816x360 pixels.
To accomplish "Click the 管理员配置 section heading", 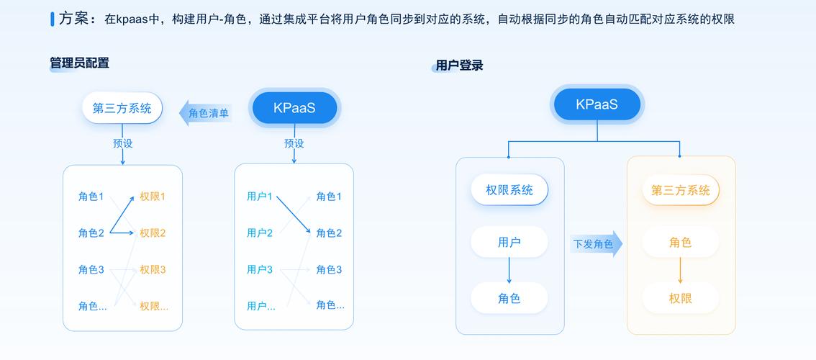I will pos(80,63).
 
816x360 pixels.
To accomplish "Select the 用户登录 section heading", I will pos(459,66).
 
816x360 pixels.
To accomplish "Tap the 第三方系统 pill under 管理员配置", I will pos(122,109).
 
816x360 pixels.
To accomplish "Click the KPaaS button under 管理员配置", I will pos(294,109).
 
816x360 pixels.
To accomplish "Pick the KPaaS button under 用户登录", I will pos(597,104).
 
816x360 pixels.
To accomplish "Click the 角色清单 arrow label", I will pos(207,113).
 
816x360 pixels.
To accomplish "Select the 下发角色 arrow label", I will pos(594,244).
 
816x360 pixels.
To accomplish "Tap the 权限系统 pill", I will pos(509,190).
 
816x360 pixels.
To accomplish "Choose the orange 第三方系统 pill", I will pos(680,190).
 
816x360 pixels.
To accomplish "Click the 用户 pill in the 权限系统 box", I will pos(509,243).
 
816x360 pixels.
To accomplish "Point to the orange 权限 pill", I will pos(680,298).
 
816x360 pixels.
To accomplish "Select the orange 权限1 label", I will pos(153,197).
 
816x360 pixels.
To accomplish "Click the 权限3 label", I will pos(153,270).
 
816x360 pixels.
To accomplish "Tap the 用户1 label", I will pos(260,197).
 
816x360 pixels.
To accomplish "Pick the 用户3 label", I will pos(260,270).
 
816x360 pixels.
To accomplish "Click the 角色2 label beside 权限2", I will pos(91,233).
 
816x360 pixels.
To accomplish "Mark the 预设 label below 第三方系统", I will pos(123,143).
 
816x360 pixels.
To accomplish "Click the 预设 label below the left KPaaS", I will pos(294,143).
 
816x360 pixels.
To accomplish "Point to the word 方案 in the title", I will pos(74,19).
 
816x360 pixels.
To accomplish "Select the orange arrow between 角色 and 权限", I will pos(680,270).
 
